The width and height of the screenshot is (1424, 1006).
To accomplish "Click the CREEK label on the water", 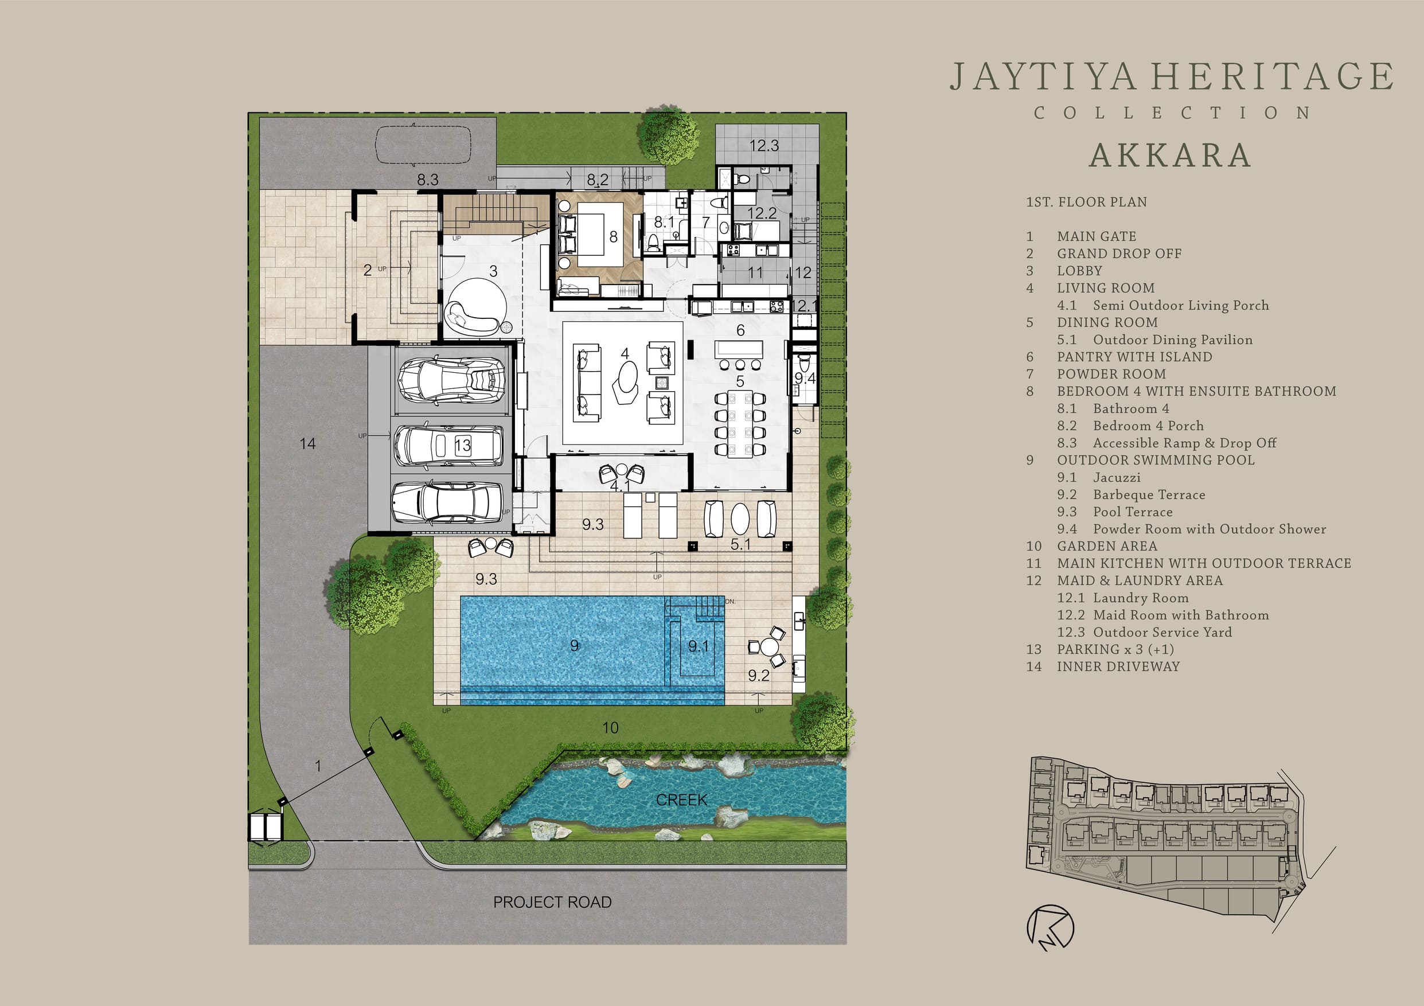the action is pyautogui.click(x=682, y=800).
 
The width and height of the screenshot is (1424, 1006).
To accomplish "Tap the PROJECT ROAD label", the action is pyautogui.click(x=552, y=902).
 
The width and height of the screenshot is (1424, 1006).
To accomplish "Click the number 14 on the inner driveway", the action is pyautogui.click(x=307, y=443).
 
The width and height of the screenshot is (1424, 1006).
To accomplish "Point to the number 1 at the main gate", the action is pyautogui.click(x=318, y=767).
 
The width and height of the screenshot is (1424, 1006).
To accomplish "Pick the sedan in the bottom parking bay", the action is pyautogui.click(x=447, y=502).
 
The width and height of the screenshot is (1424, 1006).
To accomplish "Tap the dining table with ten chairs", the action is pyautogui.click(x=740, y=424).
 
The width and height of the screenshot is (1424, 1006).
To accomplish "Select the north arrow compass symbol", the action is pyautogui.click(x=1050, y=928).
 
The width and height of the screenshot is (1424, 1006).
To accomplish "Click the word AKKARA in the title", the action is pyautogui.click(x=1170, y=155).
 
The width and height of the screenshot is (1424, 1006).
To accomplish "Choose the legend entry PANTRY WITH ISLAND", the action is pyautogui.click(x=1134, y=357).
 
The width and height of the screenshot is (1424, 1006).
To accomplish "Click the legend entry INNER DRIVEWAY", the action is pyautogui.click(x=1118, y=666).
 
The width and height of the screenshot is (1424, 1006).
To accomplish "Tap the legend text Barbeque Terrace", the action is pyautogui.click(x=1149, y=495).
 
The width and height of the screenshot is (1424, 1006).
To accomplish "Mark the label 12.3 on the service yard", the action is pyautogui.click(x=763, y=146).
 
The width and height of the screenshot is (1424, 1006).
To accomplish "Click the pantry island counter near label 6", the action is pyautogui.click(x=739, y=349).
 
